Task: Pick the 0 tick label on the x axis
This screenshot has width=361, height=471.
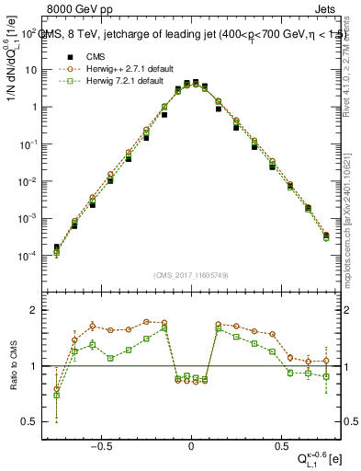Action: [x=191, y=442]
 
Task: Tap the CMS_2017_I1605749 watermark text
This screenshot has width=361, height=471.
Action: [x=190, y=277]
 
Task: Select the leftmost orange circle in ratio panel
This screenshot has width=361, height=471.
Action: [x=57, y=389]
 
